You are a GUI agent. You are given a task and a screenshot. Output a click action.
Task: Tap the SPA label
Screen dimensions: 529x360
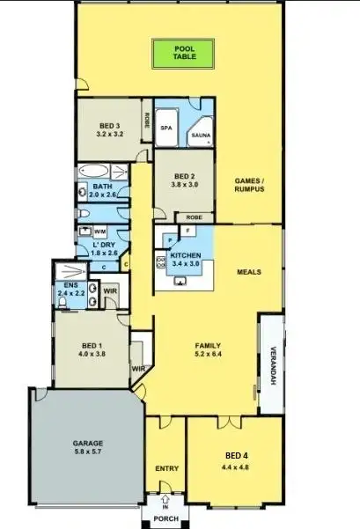click(x=165, y=128)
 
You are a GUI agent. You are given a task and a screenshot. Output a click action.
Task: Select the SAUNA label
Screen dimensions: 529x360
click(x=200, y=136)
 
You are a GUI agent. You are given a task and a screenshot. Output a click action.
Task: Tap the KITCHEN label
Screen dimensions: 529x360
click(x=186, y=259)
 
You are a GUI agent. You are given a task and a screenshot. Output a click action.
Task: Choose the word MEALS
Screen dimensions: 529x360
click(x=250, y=272)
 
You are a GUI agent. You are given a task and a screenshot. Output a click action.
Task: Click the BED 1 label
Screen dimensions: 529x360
click(x=92, y=349)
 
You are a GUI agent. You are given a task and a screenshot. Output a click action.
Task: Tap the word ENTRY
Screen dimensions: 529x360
click(x=166, y=468)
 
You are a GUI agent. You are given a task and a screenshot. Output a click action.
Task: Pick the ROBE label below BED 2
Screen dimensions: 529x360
click(x=194, y=217)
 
